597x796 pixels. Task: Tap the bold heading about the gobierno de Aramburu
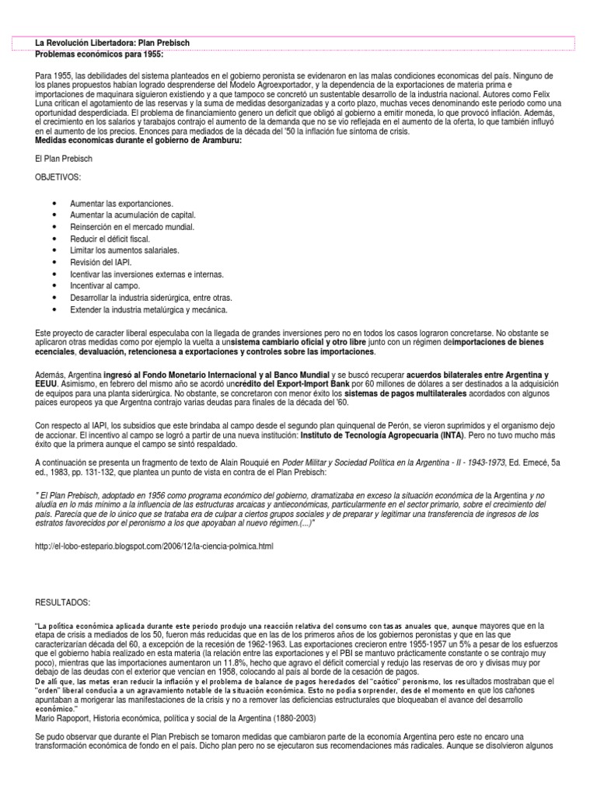pyautogui.click(x=138, y=141)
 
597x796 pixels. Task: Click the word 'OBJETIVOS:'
pyautogui.click(x=58, y=177)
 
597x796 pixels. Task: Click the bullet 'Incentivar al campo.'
pyautogui.click(x=105, y=286)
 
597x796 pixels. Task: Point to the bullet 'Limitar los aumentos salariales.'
pyautogui.click(x=124, y=250)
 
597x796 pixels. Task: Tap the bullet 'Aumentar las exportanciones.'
pyautogui.click(x=121, y=203)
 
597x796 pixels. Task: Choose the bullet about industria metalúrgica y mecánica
pyautogui.click(x=148, y=309)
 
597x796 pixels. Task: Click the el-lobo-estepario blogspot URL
pyautogui.click(x=155, y=546)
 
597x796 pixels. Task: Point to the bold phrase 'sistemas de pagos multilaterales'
pyautogui.click(x=405, y=394)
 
